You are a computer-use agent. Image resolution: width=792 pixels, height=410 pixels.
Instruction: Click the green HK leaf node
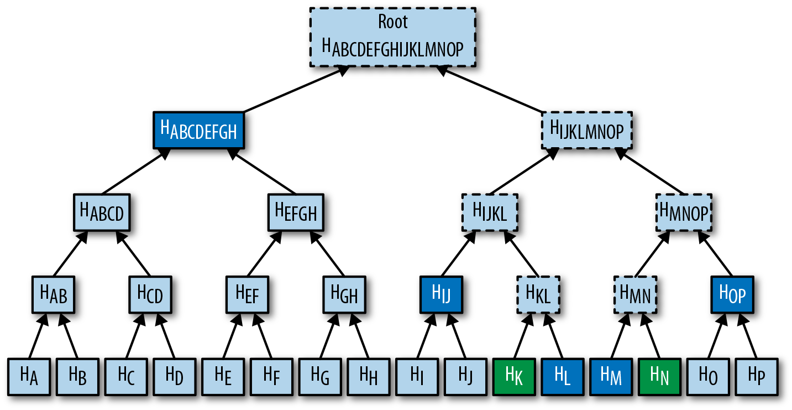(x=513, y=376)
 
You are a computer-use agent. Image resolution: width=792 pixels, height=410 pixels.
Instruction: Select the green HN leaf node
(x=659, y=376)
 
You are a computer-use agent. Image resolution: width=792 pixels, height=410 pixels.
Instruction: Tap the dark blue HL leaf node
(x=562, y=376)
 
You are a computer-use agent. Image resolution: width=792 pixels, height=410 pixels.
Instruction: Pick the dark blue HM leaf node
(x=611, y=376)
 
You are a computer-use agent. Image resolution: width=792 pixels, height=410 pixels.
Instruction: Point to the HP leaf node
(x=757, y=376)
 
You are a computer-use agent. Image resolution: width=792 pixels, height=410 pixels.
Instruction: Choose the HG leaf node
(x=319, y=376)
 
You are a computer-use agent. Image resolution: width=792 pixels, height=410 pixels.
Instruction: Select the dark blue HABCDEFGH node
(x=198, y=131)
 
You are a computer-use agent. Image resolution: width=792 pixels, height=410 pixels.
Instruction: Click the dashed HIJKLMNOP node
(x=587, y=131)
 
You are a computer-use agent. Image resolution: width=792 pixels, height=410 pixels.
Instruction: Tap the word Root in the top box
(x=392, y=22)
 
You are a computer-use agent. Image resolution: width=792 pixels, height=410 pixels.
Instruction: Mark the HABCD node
(x=102, y=212)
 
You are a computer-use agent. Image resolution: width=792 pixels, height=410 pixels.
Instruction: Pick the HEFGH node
(x=296, y=212)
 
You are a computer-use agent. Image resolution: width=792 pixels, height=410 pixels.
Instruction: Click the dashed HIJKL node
(x=490, y=212)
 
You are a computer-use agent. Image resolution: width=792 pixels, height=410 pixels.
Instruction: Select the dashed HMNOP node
(x=684, y=212)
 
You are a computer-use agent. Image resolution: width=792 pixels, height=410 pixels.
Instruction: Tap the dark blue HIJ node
(x=441, y=294)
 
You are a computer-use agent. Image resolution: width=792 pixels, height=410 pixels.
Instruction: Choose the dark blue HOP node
(x=732, y=294)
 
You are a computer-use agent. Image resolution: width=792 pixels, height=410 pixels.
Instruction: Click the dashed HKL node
(x=538, y=294)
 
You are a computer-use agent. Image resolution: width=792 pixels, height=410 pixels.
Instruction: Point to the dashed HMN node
(x=635, y=294)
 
